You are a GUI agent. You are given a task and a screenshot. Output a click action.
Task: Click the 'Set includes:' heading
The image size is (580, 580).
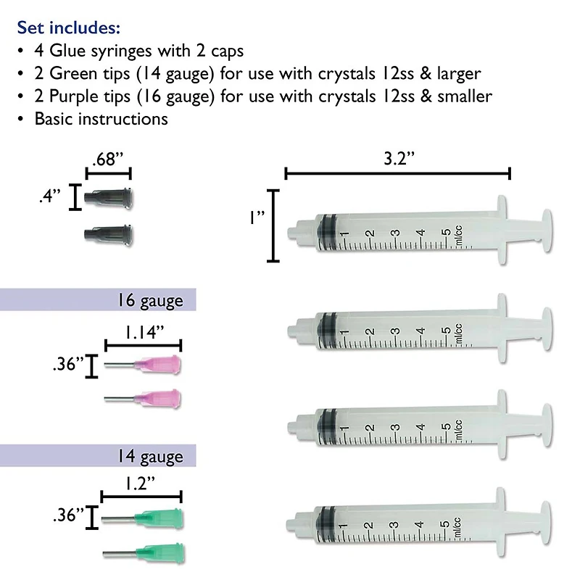[x=68, y=28]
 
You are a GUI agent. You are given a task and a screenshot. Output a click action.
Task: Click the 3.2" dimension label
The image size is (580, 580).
[x=397, y=159]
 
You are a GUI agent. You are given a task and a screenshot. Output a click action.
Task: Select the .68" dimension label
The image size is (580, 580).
[x=107, y=158]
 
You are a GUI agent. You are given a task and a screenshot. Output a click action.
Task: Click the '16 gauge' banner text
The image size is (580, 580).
[x=149, y=299]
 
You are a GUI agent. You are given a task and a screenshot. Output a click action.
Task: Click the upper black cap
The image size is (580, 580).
[x=109, y=196]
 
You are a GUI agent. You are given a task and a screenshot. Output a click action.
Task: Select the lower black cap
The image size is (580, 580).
[x=109, y=233]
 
